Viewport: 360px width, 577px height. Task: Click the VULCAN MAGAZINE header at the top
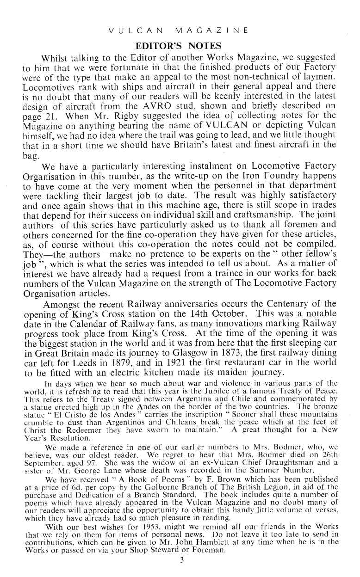178,31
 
